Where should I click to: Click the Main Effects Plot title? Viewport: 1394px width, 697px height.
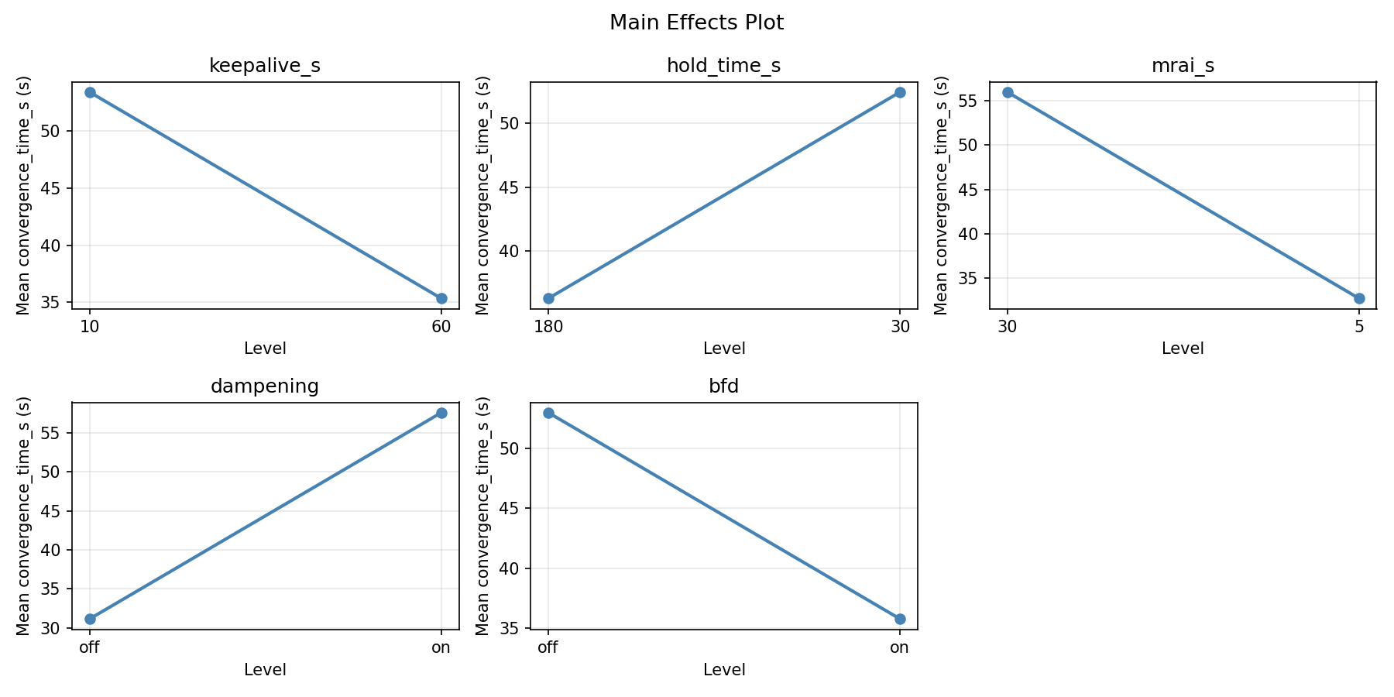click(x=696, y=23)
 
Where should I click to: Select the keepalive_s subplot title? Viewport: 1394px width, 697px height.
click(x=265, y=67)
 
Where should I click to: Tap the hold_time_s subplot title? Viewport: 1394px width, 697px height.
click(x=723, y=67)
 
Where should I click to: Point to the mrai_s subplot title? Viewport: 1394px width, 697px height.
click(x=1183, y=67)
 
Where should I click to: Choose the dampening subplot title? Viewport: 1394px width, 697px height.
click(x=265, y=386)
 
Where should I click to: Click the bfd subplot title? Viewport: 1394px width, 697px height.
click(x=723, y=386)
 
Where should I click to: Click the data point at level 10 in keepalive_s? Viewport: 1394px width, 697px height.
click(x=90, y=92)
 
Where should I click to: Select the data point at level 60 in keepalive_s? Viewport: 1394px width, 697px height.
click(x=441, y=298)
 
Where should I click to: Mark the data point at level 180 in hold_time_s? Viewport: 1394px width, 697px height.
click(x=548, y=298)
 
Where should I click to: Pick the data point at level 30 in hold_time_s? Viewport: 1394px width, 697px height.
click(x=900, y=92)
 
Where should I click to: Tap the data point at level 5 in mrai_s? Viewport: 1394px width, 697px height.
click(x=1359, y=298)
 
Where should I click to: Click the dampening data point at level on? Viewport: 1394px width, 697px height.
click(x=441, y=413)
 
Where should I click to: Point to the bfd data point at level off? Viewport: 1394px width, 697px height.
click(x=548, y=413)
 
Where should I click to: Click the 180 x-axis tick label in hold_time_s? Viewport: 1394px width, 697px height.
click(x=548, y=326)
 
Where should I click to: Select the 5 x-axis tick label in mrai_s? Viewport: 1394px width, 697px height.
click(x=1359, y=326)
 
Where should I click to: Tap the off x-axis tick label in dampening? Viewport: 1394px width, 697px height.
click(x=90, y=647)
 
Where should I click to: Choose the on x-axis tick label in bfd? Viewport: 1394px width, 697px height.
click(x=900, y=647)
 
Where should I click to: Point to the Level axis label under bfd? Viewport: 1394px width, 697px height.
click(x=723, y=670)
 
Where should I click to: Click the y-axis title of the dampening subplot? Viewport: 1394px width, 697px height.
click(x=23, y=516)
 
